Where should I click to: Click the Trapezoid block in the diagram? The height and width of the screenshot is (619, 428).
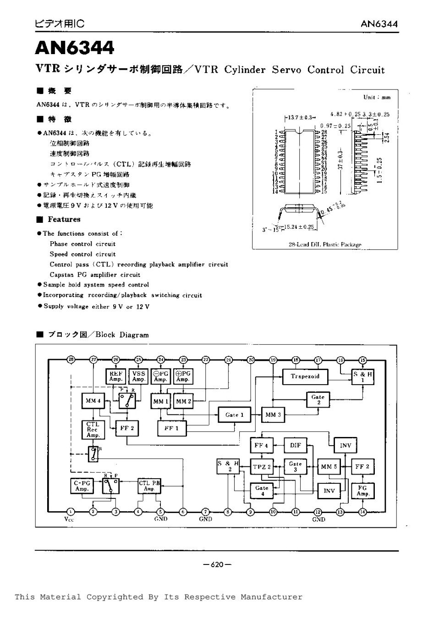point(304,376)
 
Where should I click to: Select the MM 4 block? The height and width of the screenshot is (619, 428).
point(93,401)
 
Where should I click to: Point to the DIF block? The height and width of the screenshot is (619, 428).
point(296,445)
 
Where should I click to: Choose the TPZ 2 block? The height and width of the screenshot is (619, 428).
point(262,467)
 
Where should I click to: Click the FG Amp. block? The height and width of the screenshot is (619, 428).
point(362,491)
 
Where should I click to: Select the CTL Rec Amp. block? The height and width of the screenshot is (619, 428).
point(93,429)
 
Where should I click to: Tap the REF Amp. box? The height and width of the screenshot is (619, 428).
point(115,376)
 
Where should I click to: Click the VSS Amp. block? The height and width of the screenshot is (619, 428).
point(138,376)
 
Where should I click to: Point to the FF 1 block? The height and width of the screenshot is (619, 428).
point(171,428)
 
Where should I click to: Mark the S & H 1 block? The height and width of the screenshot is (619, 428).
point(362,376)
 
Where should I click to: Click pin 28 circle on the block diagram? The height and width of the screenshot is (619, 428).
point(71,359)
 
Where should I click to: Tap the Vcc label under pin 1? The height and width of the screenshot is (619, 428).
point(69,520)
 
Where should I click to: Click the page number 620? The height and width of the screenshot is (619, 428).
point(217,564)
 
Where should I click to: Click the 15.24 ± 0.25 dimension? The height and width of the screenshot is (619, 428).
point(299,227)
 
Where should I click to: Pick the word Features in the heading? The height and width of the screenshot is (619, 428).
point(64,219)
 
